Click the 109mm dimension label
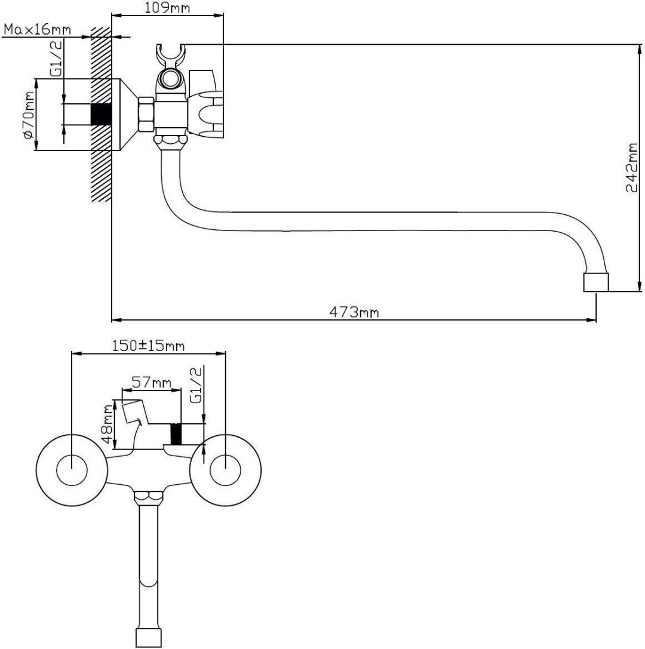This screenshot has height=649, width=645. pyautogui.click(x=167, y=7)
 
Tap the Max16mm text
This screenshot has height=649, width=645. pyautogui.click(x=37, y=29)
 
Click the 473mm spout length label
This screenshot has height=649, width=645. pyautogui.click(x=354, y=312)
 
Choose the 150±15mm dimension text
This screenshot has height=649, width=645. pyautogui.click(x=148, y=346)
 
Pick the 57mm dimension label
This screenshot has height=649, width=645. pyautogui.click(x=151, y=382)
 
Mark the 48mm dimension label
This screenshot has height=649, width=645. pyautogui.click(x=107, y=424)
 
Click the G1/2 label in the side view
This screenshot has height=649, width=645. pyautogui.click(x=56, y=58)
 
